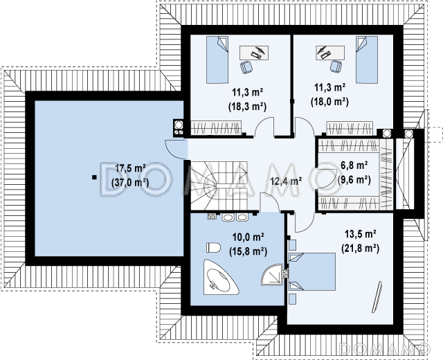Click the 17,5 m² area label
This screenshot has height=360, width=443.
pos(130,168)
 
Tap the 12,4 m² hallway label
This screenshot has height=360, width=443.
pos(286,181)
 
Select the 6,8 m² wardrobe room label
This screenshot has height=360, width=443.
pos(354,165)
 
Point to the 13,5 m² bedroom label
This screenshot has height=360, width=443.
pos(360,234)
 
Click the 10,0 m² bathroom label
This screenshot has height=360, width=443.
pos(248,237)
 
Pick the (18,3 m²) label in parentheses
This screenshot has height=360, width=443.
pos(247,107)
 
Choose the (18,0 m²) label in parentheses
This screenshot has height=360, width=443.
pos(329,102)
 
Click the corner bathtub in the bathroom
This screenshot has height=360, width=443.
pos(219,278)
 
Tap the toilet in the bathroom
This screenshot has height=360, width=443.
pos(213,248)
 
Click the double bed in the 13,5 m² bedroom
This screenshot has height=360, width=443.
pos(312,272)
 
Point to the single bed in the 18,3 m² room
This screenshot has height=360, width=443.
pos(217,60)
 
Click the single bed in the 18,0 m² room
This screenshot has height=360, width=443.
pos(366,60)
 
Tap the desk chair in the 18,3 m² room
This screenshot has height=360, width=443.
pos(246,67)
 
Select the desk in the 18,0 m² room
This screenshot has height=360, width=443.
pos(330,53)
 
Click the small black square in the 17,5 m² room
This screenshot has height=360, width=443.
pos(94,177)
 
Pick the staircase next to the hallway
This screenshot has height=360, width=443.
pos(219,186)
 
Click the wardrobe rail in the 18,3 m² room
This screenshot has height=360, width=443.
pos(216,127)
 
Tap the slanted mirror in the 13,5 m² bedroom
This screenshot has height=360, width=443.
pos(377,297)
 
